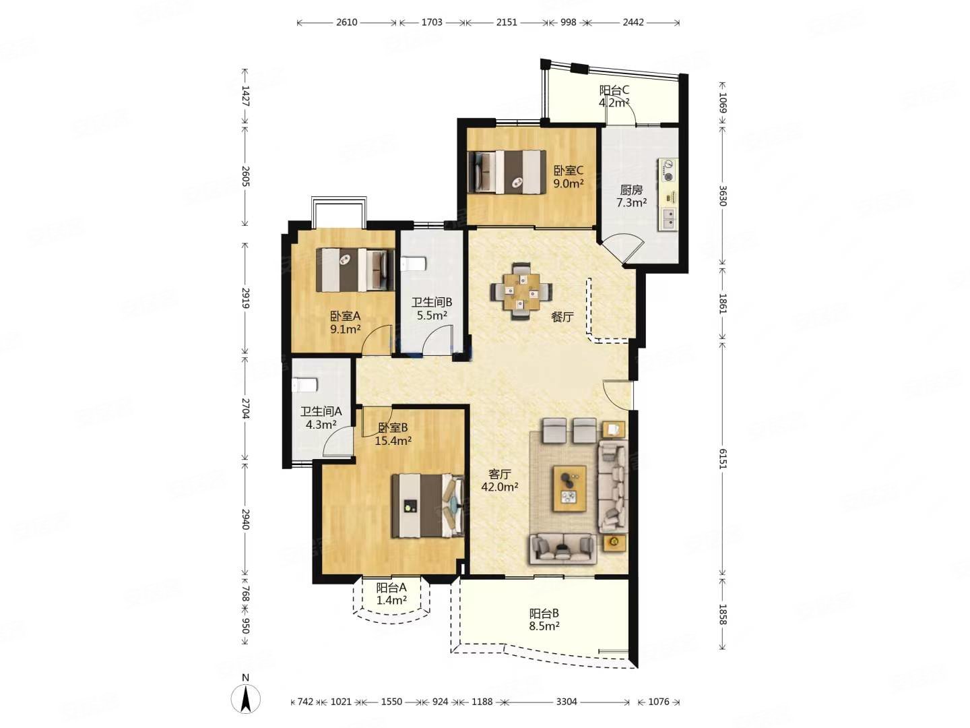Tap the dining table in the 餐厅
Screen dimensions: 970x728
[521, 291]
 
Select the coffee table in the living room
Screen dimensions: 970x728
[569, 489]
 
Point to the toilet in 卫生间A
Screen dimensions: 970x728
[304, 385]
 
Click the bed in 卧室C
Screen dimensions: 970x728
[507, 173]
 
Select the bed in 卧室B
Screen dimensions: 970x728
[428, 506]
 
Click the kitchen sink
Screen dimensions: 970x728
[669, 218]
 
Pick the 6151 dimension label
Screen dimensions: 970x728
[723, 458]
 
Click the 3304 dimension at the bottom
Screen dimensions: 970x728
[566, 702]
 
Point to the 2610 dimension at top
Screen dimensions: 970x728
[346, 22]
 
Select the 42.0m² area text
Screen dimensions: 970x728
[499, 487]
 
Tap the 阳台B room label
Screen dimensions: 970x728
[544, 613]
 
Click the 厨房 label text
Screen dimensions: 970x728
[631, 190]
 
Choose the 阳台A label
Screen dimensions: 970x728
[391, 587]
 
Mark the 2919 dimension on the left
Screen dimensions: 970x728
[246, 299]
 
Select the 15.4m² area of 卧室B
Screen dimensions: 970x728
[393, 441]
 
